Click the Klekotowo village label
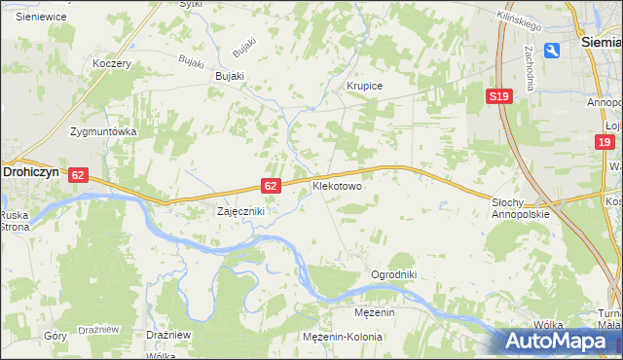(x=337, y=185)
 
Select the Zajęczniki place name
(x=239, y=210)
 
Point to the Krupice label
(x=365, y=86)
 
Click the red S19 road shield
(x=499, y=96)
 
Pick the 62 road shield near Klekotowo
(x=272, y=185)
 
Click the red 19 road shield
(x=605, y=142)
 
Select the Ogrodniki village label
(x=393, y=274)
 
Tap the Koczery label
(x=111, y=63)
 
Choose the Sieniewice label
(x=40, y=17)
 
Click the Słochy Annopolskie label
(x=521, y=207)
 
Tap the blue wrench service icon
(x=553, y=51)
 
